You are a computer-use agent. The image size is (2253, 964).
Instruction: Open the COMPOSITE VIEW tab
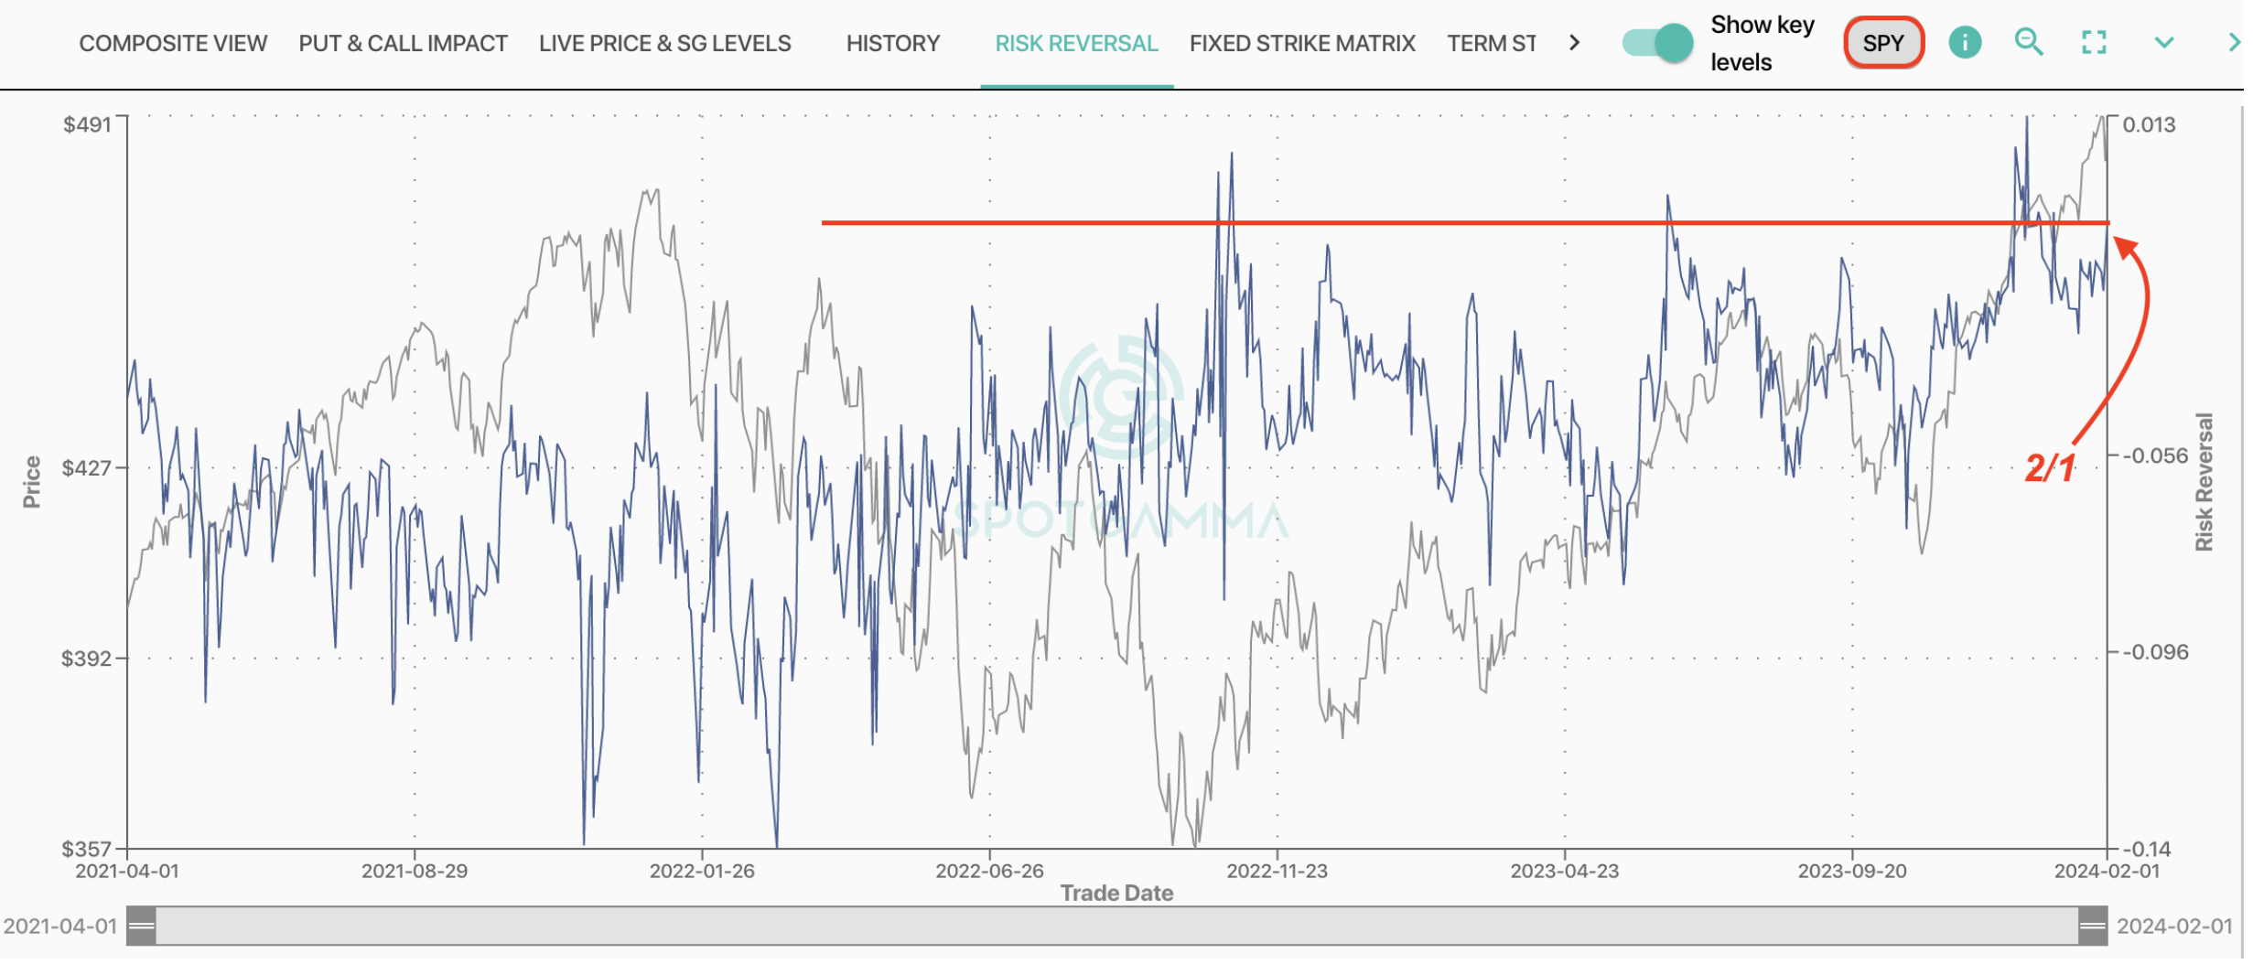point(173,44)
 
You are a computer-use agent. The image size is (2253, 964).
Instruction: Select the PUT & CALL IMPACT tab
point(404,44)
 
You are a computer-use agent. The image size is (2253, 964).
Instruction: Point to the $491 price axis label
point(88,125)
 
